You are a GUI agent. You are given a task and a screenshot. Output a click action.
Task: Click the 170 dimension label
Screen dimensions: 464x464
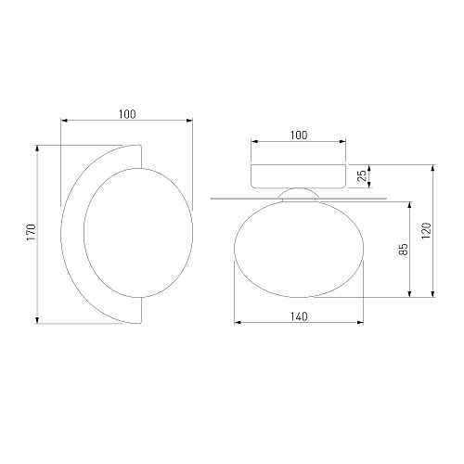click(32, 233)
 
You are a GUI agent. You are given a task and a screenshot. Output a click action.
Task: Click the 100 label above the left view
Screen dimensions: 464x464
click(127, 114)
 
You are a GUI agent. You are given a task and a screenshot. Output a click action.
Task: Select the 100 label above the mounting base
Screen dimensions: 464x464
click(299, 135)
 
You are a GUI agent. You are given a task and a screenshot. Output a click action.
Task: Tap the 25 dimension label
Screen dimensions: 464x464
click(362, 175)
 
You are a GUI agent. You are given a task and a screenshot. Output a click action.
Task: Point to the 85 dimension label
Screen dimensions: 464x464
click(404, 250)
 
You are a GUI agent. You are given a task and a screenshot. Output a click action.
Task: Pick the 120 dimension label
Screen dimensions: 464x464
click(426, 230)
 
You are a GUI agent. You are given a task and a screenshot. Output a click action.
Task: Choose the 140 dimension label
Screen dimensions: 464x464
click(299, 316)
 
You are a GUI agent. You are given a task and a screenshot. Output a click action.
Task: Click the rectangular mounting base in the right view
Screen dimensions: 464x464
click(298, 176)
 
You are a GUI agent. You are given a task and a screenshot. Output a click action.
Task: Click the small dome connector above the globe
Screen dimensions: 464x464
click(299, 194)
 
